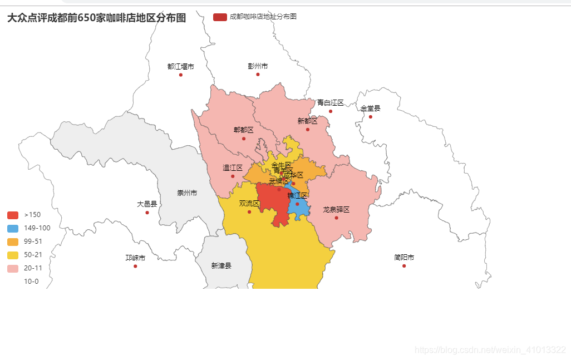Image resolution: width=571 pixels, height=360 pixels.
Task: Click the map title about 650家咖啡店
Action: (x=96, y=18)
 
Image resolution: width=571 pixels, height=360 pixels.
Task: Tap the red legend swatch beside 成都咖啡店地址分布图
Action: (x=220, y=17)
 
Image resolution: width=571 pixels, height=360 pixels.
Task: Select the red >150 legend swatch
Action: (x=13, y=215)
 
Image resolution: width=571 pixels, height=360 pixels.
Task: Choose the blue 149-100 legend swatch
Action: (x=13, y=228)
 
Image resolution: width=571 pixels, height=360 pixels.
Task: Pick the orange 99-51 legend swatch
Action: (x=13, y=241)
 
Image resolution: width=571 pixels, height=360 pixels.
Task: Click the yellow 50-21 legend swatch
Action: (x=13, y=255)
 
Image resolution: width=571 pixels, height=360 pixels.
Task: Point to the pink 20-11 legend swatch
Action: (x=13, y=268)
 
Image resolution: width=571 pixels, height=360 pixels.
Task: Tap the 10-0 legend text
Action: (x=31, y=282)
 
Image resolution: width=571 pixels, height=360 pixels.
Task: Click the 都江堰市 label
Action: (x=181, y=67)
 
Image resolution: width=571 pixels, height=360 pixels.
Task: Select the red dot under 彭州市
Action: (x=258, y=75)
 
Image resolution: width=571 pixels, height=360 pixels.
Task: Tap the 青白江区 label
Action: (x=331, y=103)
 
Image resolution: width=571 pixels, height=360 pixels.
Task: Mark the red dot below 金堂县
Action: (x=370, y=117)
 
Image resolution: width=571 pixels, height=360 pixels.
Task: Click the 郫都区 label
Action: (x=243, y=130)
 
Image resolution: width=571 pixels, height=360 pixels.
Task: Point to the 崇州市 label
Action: (x=187, y=193)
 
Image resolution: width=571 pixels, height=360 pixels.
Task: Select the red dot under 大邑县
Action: (x=147, y=213)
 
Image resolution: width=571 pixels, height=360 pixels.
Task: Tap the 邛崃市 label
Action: (x=135, y=258)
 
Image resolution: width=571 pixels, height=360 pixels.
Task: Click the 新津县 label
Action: (x=221, y=266)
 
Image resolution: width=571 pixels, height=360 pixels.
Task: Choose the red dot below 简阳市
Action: (x=404, y=266)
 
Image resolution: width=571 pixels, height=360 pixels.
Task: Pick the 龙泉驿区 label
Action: (x=336, y=210)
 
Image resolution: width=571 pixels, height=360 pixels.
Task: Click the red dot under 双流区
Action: (x=249, y=212)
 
